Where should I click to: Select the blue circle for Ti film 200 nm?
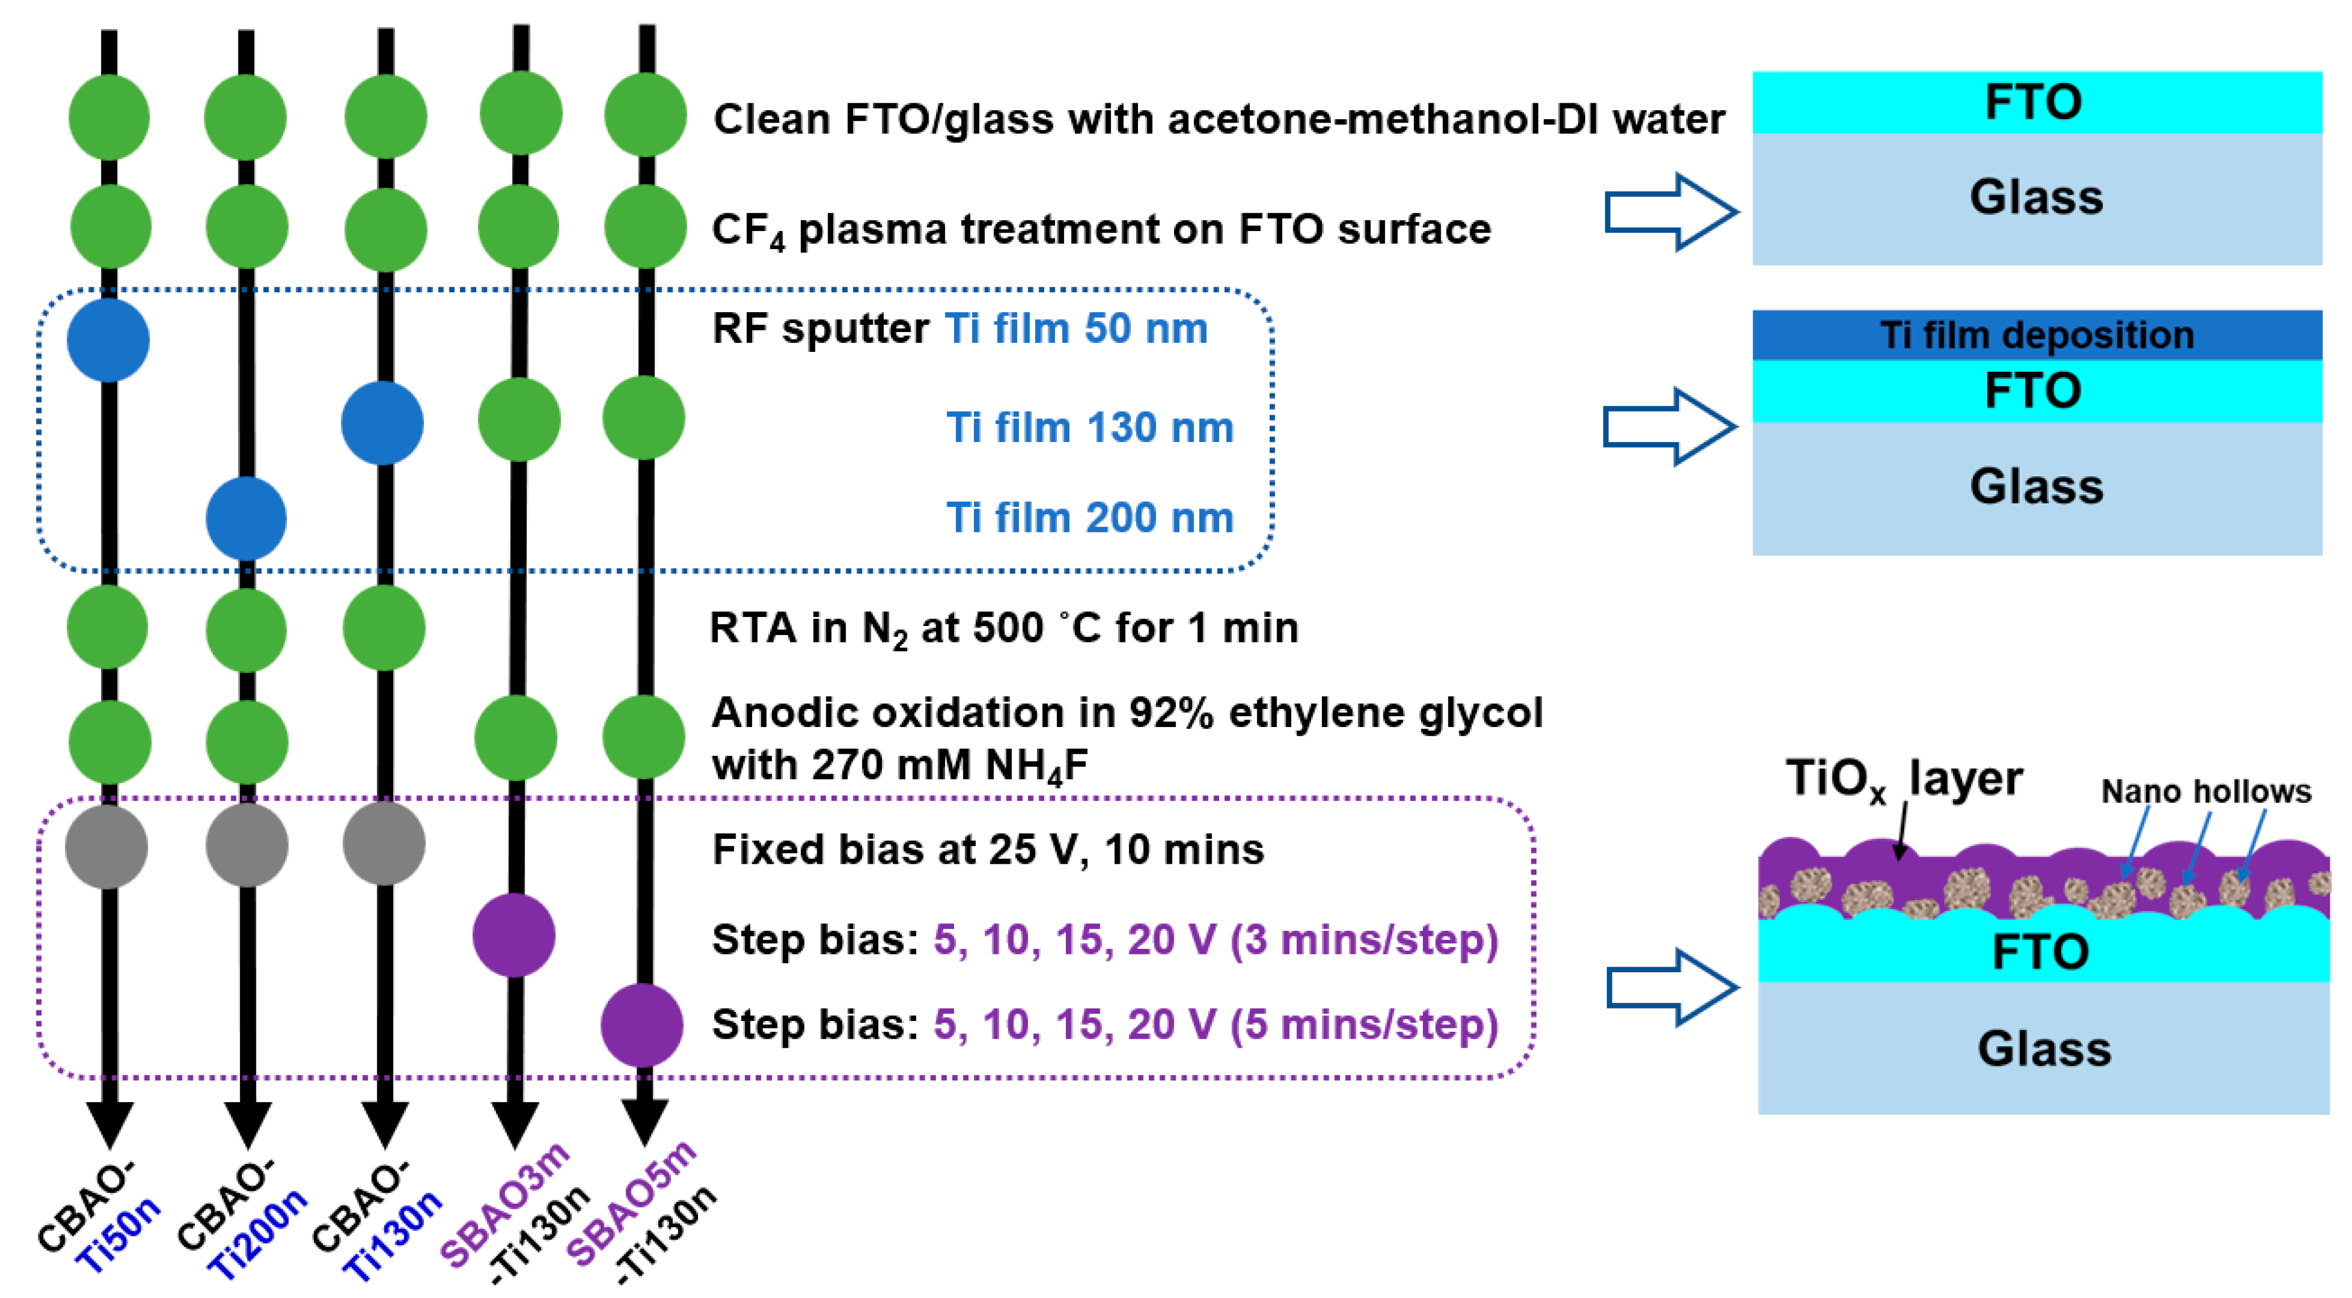246,519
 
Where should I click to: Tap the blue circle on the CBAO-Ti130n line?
383,423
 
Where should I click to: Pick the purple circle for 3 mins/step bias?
514,936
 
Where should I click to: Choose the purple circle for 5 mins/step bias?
642,1025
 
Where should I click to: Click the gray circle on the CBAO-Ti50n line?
107,846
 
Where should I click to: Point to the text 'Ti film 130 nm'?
1089,427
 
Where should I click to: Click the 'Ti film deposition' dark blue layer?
2036,335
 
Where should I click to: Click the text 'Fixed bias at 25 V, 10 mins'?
988,850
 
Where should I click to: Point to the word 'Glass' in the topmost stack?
2036,197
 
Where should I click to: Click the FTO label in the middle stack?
2034,390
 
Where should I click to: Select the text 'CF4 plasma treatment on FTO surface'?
1100,230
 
